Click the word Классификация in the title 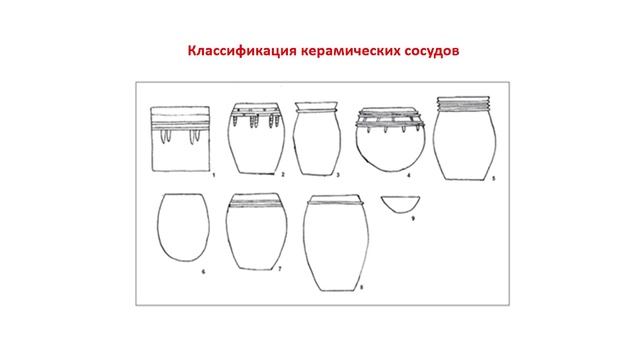pos(242,51)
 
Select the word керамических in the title pos(351,51)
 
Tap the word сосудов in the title pos(432,51)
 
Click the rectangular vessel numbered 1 pos(180,139)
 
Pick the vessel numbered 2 pos(256,138)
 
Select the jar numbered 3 pos(317,138)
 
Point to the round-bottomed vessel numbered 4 pos(390,139)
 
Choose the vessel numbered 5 pos(465,138)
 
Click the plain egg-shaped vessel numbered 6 pos(183,227)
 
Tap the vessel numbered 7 pos(257,231)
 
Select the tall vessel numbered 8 pos(336,243)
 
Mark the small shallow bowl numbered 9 pos(400,204)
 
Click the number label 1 pos(214,176)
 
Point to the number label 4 pos(409,176)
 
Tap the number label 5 pos(493,178)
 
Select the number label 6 pos(204,271)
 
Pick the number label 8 pos(361,287)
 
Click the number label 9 pos(413,218)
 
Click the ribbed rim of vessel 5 pos(464,103)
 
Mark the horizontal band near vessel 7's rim pos(256,204)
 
